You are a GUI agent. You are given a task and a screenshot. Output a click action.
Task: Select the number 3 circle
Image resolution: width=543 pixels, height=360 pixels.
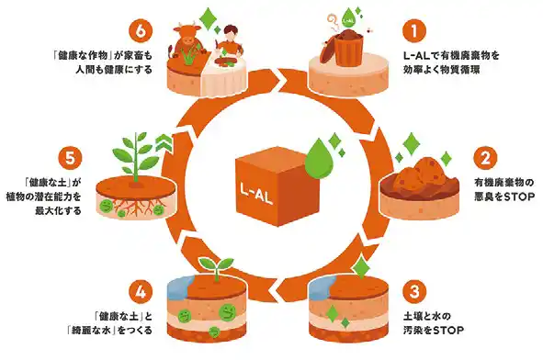point(415,293)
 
